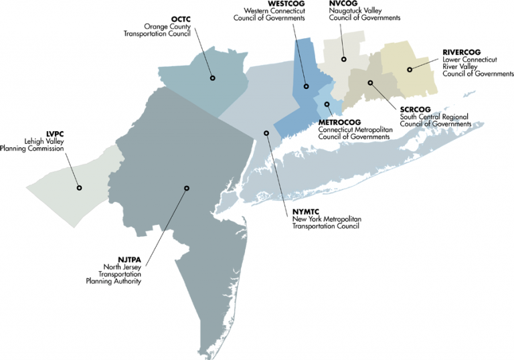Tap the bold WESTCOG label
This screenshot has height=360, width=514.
[286, 3]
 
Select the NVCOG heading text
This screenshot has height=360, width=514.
[343, 3]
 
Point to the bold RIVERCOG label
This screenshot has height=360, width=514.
[462, 52]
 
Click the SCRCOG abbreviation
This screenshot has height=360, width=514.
[414, 108]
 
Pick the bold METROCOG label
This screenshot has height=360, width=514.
[340, 122]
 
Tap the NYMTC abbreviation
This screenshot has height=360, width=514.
[307, 211]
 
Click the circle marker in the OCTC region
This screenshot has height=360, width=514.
[212, 78]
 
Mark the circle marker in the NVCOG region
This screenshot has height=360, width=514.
[343, 60]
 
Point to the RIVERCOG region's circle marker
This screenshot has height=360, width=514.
[410, 68]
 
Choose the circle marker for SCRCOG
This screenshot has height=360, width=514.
[370, 83]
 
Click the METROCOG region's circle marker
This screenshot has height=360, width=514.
[328, 104]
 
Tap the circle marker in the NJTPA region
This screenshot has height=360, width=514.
[186, 189]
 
